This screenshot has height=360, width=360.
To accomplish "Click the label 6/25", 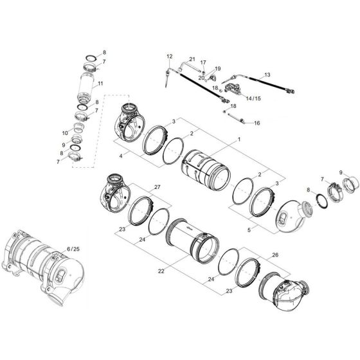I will pos(73,248).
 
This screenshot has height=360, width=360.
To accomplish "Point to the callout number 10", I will pos(65,133).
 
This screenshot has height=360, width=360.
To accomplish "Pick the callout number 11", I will pos(100,83).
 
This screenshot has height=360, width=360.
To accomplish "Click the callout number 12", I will pos(170,57).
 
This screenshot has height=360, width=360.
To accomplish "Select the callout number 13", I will pos(267,75).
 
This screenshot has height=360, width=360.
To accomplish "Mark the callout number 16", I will pos(256,123).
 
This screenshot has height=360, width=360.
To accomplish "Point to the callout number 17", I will pos(203,63).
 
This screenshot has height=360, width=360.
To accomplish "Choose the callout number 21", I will pos(192,59).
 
